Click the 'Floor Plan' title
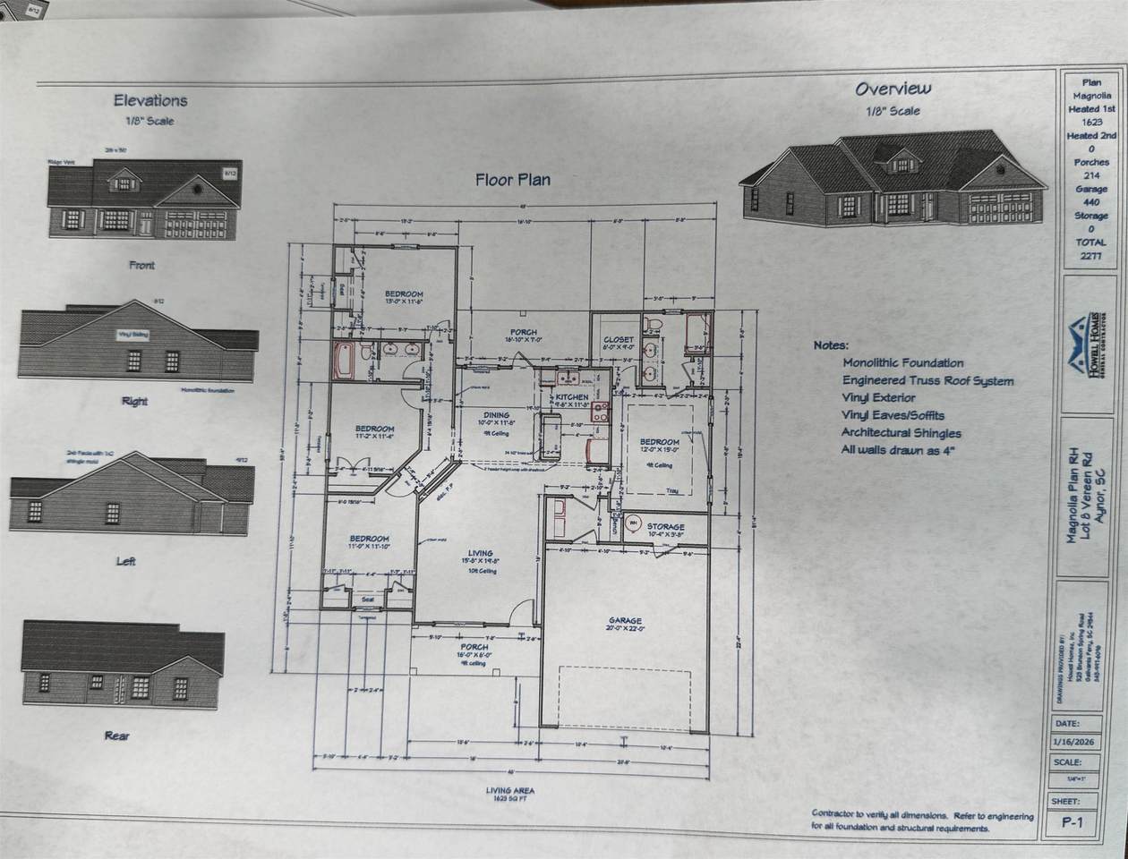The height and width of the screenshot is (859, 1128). click(512, 180)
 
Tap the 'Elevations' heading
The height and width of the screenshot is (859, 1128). click(150, 101)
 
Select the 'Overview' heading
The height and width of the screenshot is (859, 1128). click(893, 89)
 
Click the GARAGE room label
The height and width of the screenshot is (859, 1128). click(626, 621)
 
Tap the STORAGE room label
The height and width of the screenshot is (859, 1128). click(666, 527)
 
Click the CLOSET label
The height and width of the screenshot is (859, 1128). click(618, 340)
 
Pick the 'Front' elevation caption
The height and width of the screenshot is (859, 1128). click(141, 265)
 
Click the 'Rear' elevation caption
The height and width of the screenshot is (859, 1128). click(116, 736)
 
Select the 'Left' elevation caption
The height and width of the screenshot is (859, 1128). click(126, 561)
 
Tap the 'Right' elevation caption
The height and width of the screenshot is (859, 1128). click(134, 402)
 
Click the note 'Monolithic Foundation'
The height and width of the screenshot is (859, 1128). click(902, 363)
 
